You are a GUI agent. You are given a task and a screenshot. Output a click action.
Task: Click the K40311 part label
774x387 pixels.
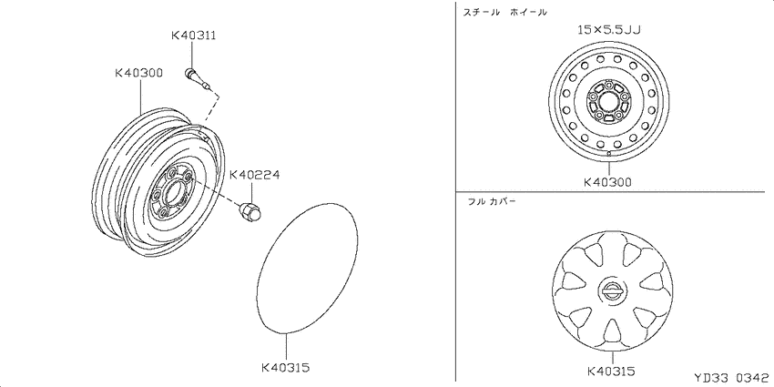point(193,36)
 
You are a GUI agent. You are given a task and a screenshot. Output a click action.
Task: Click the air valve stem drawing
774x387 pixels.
point(199,80)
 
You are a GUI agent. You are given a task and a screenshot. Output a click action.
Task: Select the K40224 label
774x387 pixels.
point(255,175)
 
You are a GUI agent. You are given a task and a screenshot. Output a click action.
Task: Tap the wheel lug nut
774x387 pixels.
point(250,211)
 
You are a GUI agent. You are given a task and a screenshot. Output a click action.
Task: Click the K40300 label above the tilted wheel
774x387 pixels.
point(138,73)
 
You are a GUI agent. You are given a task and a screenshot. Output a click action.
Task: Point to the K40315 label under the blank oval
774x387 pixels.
point(285,368)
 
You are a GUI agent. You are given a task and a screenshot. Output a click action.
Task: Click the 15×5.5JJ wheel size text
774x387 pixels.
point(609,31)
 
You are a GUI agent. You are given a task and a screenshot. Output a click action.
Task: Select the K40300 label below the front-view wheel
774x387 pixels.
point(607,182)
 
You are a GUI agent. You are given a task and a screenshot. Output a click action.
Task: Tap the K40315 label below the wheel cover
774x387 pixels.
point(611,371)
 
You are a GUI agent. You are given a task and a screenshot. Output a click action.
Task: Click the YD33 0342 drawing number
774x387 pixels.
point(731,378)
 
